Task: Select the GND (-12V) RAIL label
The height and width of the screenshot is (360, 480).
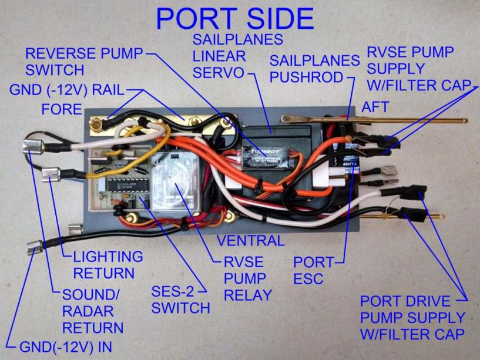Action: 66,91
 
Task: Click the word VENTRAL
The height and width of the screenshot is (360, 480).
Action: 250,241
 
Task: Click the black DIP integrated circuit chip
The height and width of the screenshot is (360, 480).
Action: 123,186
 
